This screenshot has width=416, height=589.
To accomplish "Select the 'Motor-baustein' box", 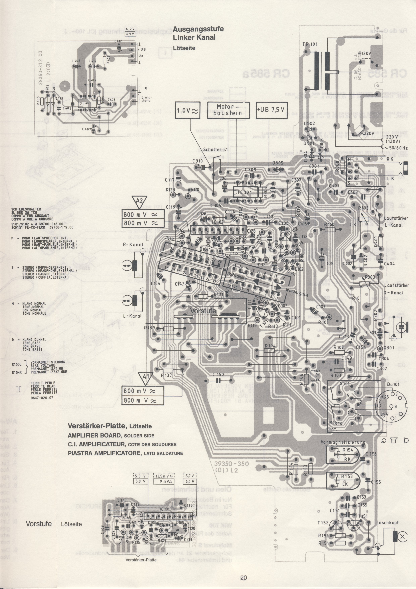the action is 228,110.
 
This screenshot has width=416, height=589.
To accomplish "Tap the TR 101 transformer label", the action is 310,44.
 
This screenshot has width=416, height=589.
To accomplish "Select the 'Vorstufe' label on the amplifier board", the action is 203,311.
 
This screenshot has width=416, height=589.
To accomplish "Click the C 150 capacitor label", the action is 218,375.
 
